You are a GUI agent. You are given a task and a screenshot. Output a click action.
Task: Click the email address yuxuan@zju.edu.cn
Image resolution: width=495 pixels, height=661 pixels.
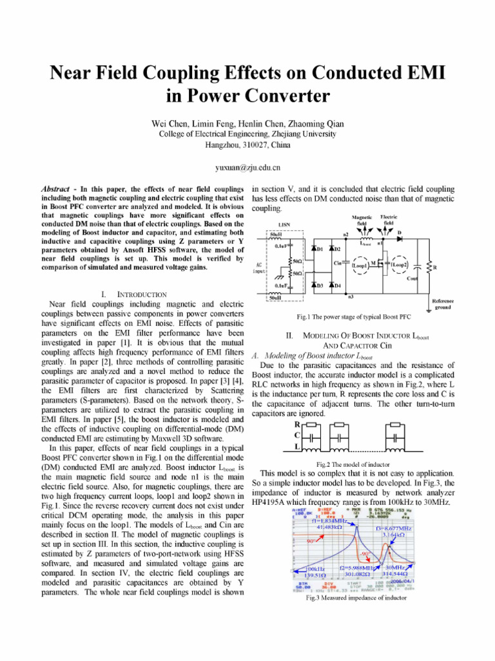pyautogui.click(x=247, y=168)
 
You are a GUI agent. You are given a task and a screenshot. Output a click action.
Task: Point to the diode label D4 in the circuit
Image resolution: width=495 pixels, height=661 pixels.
pyautogui.click(x=336, y=285)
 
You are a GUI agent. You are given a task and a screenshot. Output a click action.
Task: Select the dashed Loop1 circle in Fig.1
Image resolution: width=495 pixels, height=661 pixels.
pyautogui.click(x=359, y=265)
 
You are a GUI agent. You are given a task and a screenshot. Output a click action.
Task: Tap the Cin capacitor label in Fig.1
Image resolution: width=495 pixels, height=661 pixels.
pyautogui.click(x=337, y=263)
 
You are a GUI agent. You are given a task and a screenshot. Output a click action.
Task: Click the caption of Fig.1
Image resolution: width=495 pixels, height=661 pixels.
pyautogui.click(x=353, y=317)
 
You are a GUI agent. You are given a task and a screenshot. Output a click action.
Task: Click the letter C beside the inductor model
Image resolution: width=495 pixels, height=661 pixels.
pyautogui.click(x=297, y=436)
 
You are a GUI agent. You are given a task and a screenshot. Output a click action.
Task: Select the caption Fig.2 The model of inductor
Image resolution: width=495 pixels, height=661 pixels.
pyautogui.click(x=353, y=464)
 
